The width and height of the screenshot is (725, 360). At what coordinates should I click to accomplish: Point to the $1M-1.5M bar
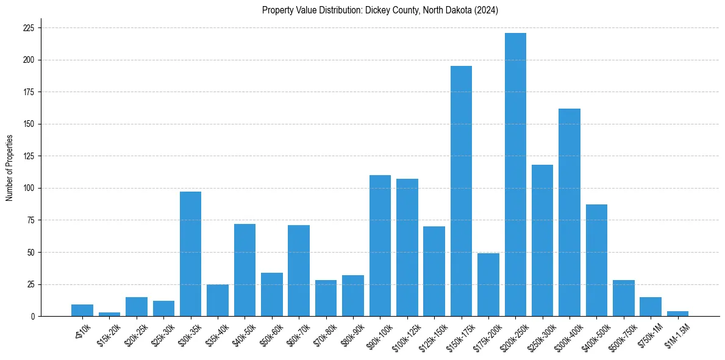point(677,314)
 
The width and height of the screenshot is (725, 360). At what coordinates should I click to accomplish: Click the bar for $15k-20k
point(110,314)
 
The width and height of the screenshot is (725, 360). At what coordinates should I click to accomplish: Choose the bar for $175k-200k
point(488,284)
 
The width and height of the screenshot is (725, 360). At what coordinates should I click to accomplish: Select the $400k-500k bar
point(596,260)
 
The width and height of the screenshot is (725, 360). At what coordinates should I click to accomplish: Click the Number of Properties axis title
point(9,168)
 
